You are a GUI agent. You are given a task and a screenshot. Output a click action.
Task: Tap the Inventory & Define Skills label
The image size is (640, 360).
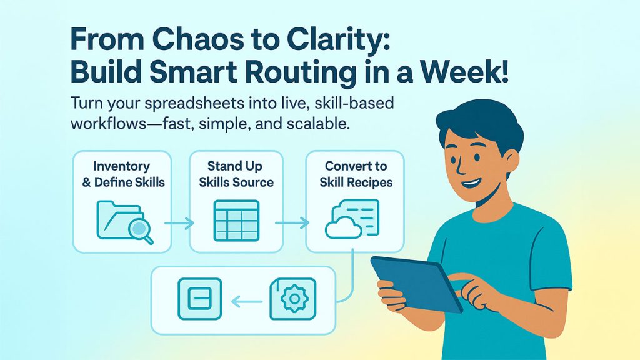[123, 174]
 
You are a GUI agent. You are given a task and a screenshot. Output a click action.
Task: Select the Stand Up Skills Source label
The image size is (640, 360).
[236, 174]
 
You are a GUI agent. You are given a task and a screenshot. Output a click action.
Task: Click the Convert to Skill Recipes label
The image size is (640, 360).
[356, 174]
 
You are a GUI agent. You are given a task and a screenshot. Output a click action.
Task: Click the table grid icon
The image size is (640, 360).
[236, 221]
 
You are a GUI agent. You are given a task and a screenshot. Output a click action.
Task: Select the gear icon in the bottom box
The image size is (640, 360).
[294, 298]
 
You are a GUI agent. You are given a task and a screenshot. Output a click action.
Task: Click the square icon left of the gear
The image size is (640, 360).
[200, 299]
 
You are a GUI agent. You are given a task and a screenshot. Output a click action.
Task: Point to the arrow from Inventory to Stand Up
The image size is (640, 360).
[179, 223]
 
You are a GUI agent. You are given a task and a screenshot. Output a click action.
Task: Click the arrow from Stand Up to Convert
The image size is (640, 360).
[292, 223]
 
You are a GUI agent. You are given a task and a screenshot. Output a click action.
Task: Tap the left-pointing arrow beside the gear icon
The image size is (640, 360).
[246, 302]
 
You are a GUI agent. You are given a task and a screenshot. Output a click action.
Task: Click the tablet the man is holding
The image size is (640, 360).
[416, 284]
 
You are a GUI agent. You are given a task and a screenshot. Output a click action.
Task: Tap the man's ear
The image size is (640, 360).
[511, 161]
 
